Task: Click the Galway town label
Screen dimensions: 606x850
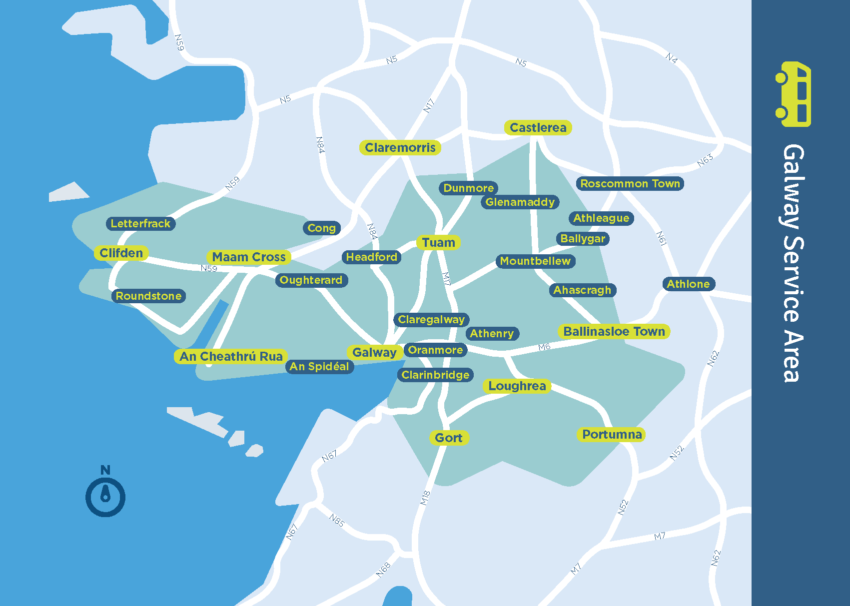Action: [x=374, y=352]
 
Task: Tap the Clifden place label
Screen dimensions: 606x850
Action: [x=121, y=253]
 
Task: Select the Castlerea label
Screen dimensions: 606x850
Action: [x=538, y=127]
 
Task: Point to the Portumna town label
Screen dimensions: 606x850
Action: [x=612, y=434]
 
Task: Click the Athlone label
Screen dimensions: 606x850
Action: [x=688, y=284]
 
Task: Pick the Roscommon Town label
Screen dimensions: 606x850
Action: [x=630, y=183]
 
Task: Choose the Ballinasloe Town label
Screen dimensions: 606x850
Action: [x=614, y=331]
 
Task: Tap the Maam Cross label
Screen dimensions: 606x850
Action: [x=248, y=257]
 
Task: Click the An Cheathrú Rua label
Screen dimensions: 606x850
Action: [x=231, y=356]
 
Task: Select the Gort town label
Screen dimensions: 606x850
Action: [x=448, y=438]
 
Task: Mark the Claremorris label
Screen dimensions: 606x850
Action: [x=400, y=147]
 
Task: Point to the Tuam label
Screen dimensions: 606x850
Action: [x=438, y=242]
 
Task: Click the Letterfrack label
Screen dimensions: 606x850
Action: [x=140, y=223]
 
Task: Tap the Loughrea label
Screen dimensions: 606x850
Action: [x=517, y=386]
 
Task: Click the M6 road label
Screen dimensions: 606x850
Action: [x=544, y=347]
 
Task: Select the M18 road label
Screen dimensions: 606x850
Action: [x=425, y=498]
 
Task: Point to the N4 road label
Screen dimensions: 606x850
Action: [x=672, y=58]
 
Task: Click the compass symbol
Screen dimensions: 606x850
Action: [x=105, y=497]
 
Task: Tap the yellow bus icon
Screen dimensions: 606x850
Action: [x=794, y=94]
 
